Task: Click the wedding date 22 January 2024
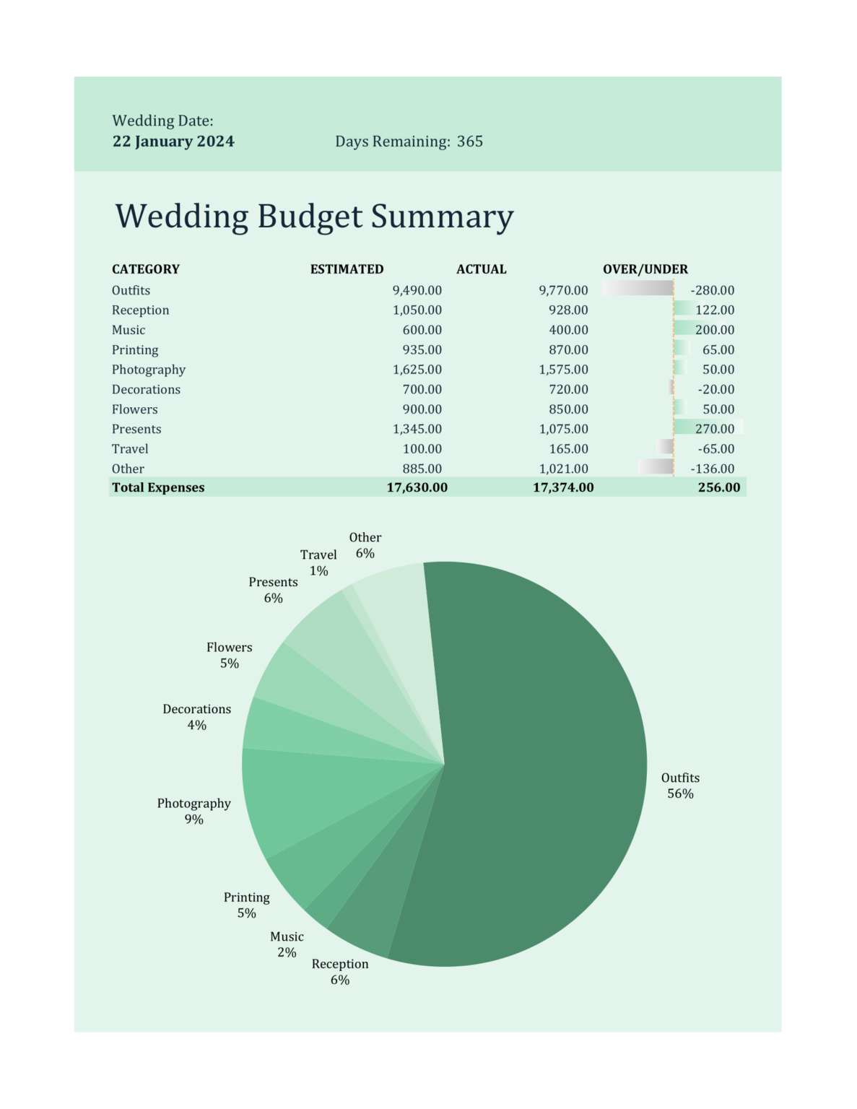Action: coord(173,142)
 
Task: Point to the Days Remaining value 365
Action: coord(469,142)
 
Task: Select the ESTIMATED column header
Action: coord(347,269)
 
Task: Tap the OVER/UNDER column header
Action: coord(645,269)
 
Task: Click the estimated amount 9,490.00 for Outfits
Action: coord(417,290)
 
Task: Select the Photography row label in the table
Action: coord(148,370)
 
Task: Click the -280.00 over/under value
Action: coord(712,290)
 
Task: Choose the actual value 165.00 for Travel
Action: coord(568,449)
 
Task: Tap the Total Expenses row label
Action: coord(158,487)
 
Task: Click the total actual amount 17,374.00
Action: coord(563,487)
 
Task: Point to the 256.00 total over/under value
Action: coord(718,487)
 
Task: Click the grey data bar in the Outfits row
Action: coord(637,288)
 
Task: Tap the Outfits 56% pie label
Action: coord(680,786)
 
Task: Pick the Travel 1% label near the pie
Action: coord(318,562)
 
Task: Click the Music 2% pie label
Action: coord(287,944)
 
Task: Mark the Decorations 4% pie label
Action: coord(196,717)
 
